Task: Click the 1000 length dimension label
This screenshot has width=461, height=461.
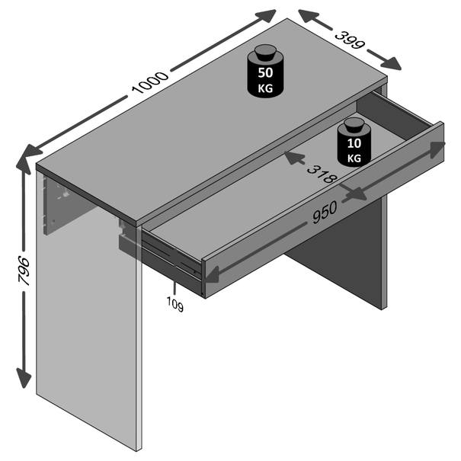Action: coord(150,82)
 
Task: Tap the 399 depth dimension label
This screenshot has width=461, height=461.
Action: coord(350,40)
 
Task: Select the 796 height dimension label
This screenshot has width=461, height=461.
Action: coord(24,271)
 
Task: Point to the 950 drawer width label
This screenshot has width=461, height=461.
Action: coord(325,212)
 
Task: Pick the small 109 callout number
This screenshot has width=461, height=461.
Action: coord(175,304)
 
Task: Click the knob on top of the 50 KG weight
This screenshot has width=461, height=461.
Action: coord(265,53)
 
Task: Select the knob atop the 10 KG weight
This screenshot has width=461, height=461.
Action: coord(354,125)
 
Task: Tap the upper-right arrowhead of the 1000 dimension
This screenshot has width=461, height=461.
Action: coord(266,15)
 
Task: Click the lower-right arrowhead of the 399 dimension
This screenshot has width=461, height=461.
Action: coord(391,64)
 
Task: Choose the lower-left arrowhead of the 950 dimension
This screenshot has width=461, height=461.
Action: coord(212,274)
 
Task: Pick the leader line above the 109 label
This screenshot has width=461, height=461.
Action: coord(174,288)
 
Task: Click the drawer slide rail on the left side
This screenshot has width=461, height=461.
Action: coord(171,255)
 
